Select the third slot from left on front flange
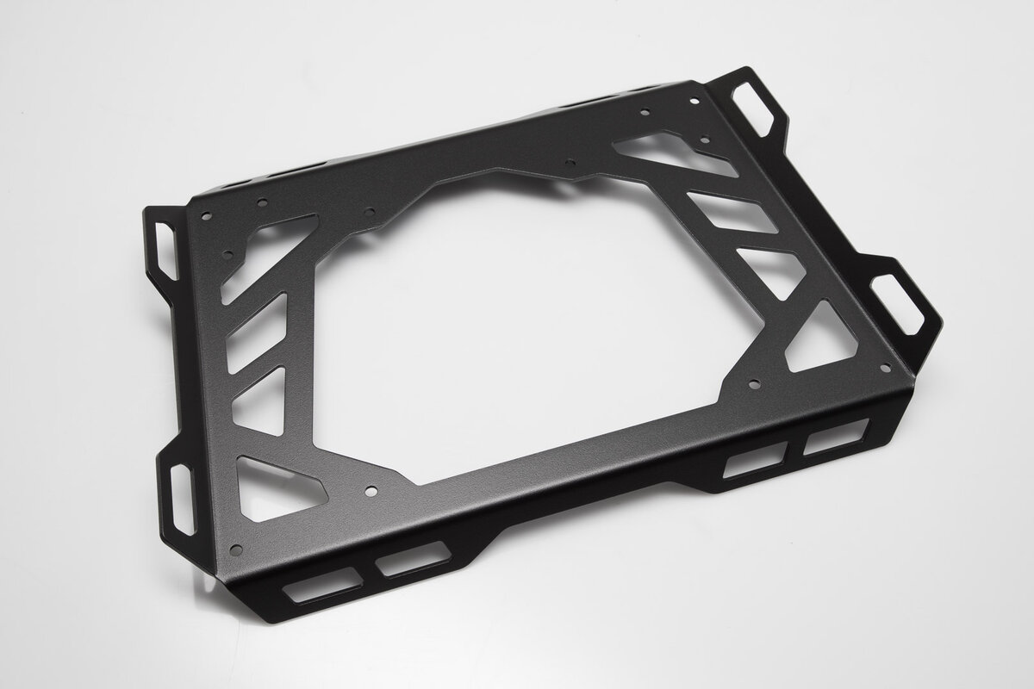coord(755,462)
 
